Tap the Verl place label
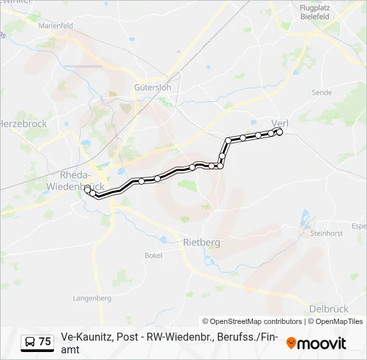(280, 122)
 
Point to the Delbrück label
(329, 309)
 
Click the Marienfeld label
(55, 25)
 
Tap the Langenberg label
(92, 298)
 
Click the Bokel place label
(153, 255)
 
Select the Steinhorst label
(326, 233)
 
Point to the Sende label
(322, 93)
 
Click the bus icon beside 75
(30, 342)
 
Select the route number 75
(45, 342)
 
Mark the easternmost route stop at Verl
(280, 132)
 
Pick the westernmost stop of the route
(87, 189)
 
